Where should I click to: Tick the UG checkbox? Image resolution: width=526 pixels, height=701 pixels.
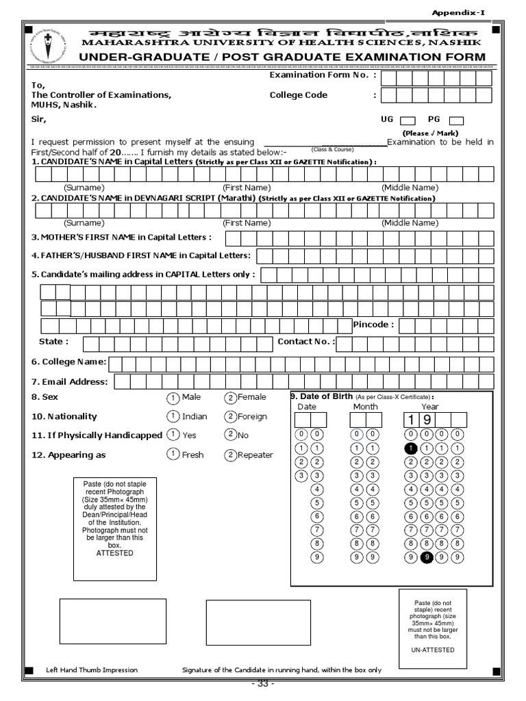[407, 120]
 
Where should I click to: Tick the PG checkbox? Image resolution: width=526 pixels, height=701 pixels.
[456, 120]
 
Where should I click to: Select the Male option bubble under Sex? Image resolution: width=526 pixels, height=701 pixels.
[174, 398]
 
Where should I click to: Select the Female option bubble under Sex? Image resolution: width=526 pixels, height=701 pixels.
[231, 398]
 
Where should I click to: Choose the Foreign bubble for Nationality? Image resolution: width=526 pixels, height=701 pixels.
[231, 416]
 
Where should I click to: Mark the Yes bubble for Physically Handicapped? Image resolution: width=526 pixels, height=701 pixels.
[174, 435]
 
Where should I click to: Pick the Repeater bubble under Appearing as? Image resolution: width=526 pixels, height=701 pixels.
[231, 455]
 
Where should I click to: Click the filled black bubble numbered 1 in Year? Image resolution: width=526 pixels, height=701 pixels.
[410, 448]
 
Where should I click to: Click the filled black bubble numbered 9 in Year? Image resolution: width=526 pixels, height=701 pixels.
[427, 557]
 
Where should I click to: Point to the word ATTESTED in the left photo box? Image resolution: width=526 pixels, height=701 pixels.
[114, 553]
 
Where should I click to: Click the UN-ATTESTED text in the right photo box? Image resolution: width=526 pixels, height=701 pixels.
[433, 650]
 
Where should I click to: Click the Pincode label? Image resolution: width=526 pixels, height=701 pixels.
[373, 324]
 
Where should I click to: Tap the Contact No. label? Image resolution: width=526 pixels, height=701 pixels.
[305, 342]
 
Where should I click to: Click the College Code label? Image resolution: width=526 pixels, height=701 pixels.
[299, 95]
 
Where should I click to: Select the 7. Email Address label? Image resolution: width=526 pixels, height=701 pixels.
[69, 382]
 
